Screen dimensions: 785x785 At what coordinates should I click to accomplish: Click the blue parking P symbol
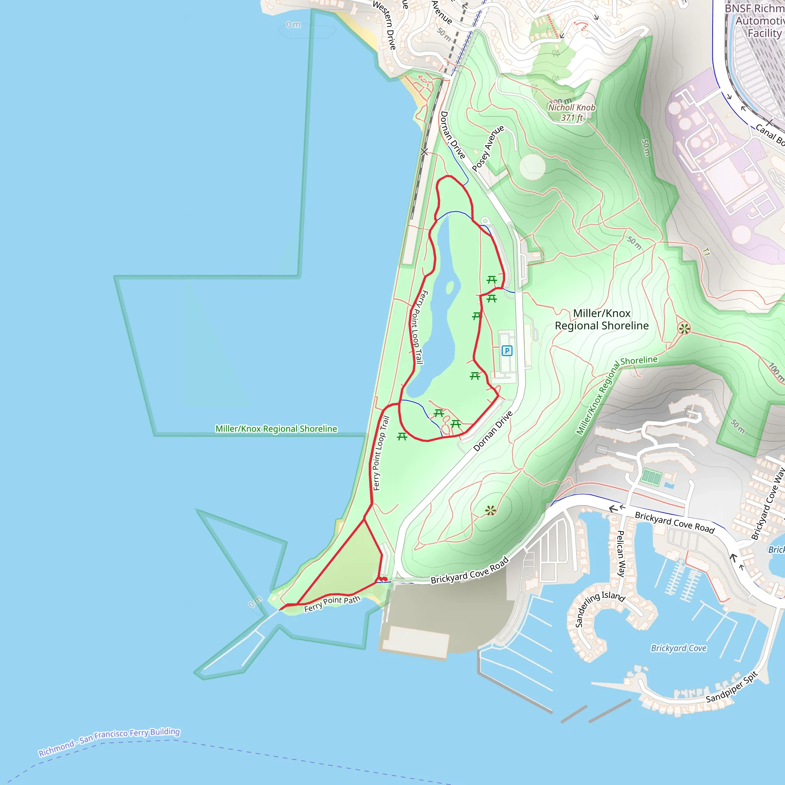click(x=507, y=351)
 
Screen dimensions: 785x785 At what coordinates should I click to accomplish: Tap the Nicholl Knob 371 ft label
click(x=571, y=113)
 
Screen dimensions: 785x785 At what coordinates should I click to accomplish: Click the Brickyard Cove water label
click(x=678, y=648)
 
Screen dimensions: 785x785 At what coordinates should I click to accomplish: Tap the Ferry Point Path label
click(x=332, y=604)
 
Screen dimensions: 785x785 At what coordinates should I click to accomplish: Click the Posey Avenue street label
click(x=488, y=148)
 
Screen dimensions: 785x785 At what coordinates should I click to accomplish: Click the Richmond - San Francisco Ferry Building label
click(x=109, y=742)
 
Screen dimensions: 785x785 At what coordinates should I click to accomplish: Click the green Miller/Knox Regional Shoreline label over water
click(x=276, y=429)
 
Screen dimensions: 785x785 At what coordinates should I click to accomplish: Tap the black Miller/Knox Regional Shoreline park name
click(x=601, y=319)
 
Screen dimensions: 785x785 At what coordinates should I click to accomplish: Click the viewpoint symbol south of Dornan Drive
click(x=490, y=511)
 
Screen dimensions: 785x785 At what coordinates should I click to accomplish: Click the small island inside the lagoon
click(x=450, y=287)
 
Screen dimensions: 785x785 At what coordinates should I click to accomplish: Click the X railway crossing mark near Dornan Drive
click(x=424, y=152)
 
